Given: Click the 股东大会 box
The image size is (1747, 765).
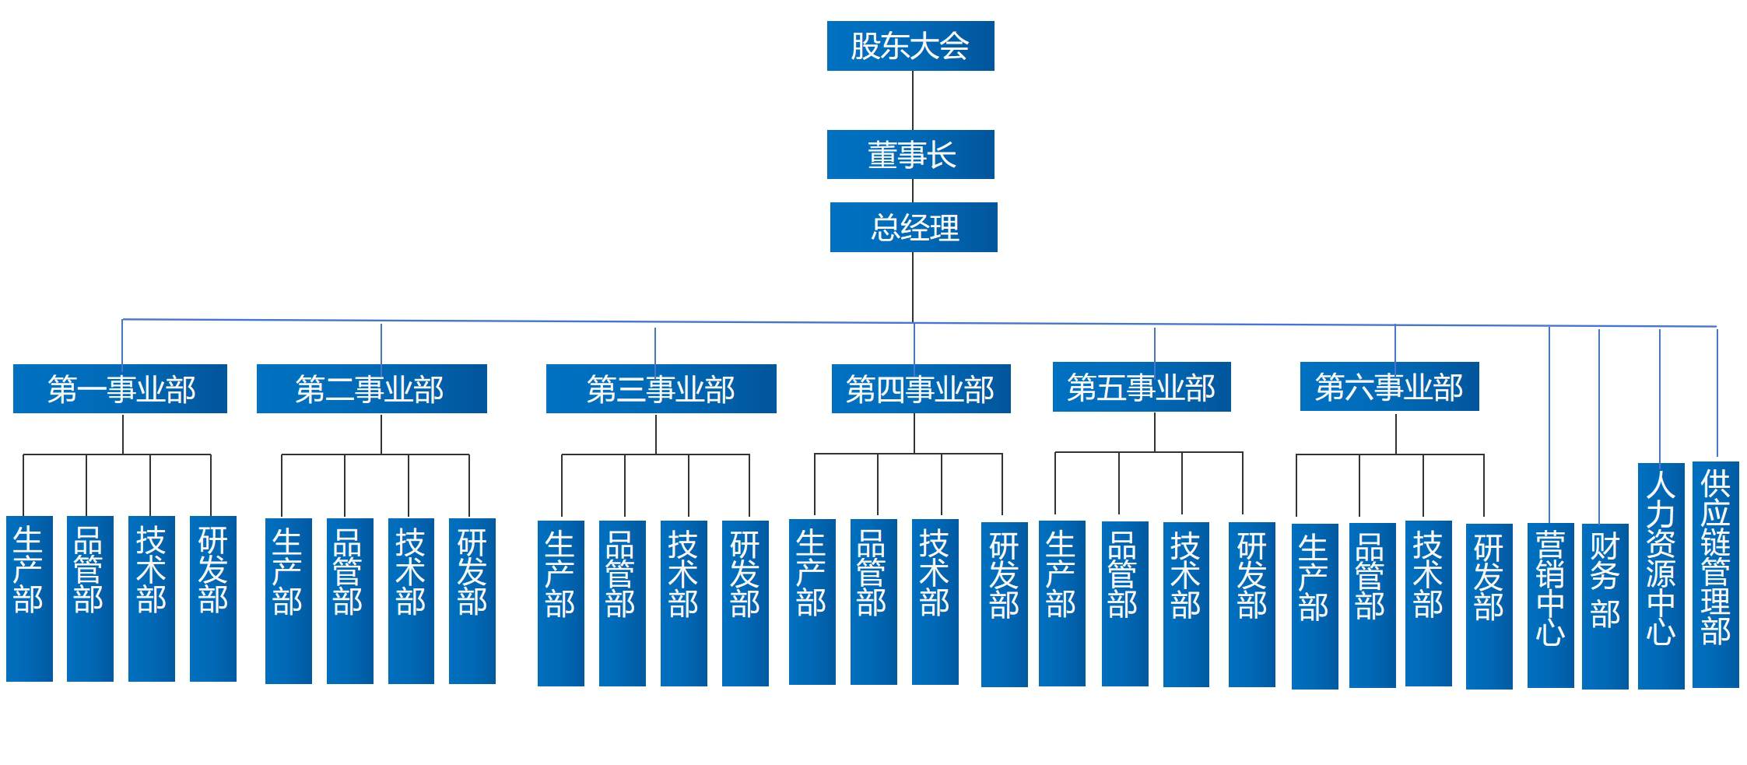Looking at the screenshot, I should pyautogui.click(x=910, y=46).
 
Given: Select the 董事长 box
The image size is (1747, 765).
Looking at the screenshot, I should pyautogui.click(x=910, y=154).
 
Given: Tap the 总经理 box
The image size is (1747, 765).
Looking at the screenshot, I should pyautogui.click(x=913, y=227).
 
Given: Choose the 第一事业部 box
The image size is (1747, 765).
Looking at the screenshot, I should pyautogui.click(x=120, y=388).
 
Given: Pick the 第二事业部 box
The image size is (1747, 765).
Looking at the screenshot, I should pyautogui.click(x=371, y=388).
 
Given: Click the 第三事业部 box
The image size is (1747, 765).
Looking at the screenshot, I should pyautogui.click(x=661, y=388).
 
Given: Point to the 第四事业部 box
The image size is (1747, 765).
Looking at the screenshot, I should pyautogui.click(x=921, y=388).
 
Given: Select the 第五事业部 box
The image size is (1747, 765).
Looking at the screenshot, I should pyautogui.click(x=1141, y=387).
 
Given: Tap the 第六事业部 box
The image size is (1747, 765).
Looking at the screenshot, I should pyautogui.click(x=1389, y=387).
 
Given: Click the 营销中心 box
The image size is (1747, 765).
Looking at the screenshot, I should pyautogui.click(x=1550, y=605).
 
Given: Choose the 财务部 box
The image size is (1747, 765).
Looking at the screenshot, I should pyautogui.click(x=1605, y=605).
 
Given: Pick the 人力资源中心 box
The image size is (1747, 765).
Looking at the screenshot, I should pyautogui.click(x=1661, y=575).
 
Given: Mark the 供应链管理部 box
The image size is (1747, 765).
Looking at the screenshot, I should pyautogui.click(x=1715, y=574).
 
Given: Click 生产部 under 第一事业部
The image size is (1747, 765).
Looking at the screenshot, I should pyautogui.click(x=30, y=598).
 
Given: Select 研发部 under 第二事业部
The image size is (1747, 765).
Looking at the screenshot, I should pyautogui.click(x=472, y=601).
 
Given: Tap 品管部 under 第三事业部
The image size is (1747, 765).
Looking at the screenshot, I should pyautogui.click(x=622, y=603).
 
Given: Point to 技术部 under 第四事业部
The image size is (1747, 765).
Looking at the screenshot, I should pyautogui.click(x=935, y=602).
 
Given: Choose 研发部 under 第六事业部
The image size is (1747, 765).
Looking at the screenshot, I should pyautogui.click(x=1489, y=606).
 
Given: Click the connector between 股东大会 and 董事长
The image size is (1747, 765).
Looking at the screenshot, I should pyautogui.click(x=912, y=100).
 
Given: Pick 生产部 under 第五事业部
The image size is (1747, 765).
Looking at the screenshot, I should pyautogui.click(x=1061, y=603).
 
